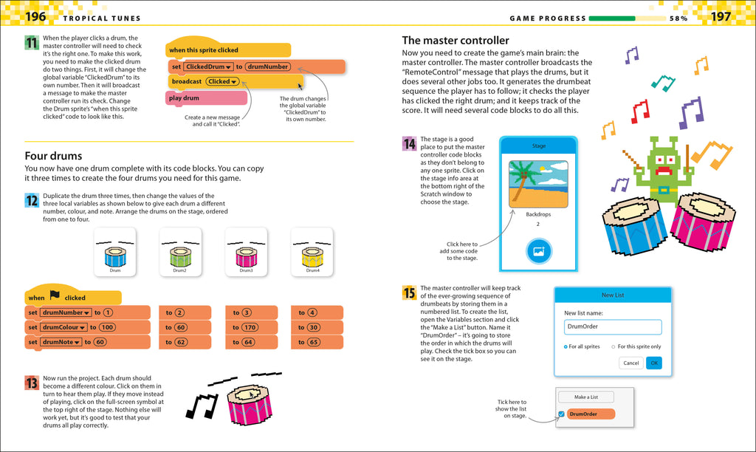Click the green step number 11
point(32,43)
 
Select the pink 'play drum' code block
point(195,97)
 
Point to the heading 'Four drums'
point(53,156)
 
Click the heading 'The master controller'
point(456,41)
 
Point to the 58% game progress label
point(679,18)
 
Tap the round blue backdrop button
point(539,251)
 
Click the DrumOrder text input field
point(613,326)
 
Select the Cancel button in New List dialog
point(630,363)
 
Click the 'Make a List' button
point(585,397)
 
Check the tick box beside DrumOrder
point(561,414)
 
